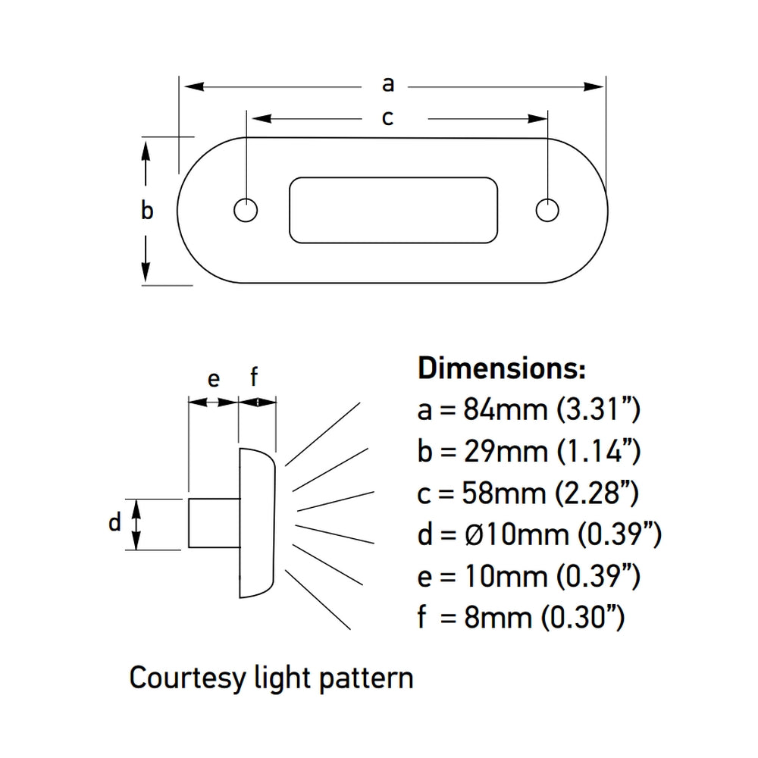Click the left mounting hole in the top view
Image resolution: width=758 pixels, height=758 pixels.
coord(245,211)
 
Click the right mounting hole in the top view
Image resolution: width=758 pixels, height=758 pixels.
coord(547,211)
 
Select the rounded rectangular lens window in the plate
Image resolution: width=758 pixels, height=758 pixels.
coord(393,211)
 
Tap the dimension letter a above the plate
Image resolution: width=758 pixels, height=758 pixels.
coord(388,84)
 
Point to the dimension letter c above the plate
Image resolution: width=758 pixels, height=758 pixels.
coord(387,118)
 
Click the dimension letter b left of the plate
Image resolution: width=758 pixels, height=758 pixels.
coord(147,210)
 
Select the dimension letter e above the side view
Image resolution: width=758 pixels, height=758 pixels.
coord(214,378)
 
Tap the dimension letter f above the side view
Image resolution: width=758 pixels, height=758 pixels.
coord(255,375)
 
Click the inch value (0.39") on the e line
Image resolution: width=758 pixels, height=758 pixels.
coord(597,578)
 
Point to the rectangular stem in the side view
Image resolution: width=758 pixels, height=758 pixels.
coord(214,524)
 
